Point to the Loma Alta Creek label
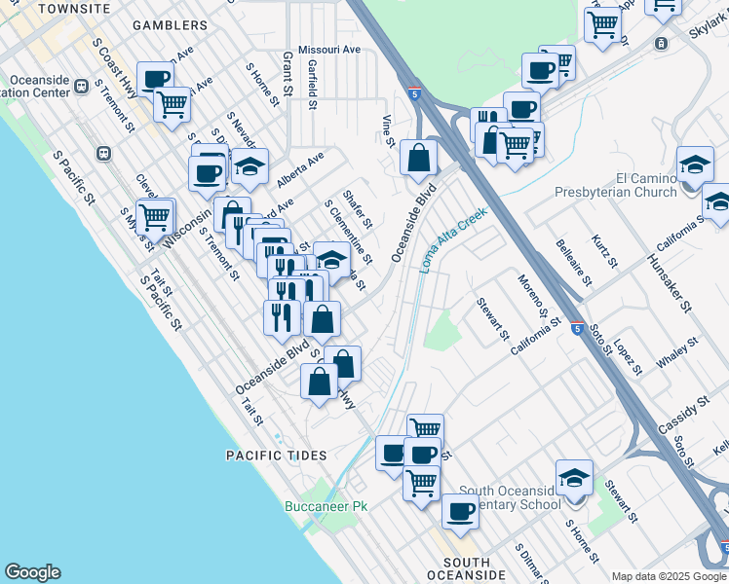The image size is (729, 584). tap(453, 239)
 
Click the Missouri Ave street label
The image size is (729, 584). tap(329, 49)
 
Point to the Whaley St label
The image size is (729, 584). tap(677, 352)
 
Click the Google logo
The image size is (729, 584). tap(32, 572)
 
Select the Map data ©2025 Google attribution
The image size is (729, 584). tap(670, 576)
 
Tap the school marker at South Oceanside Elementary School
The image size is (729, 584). tap(574, 478)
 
